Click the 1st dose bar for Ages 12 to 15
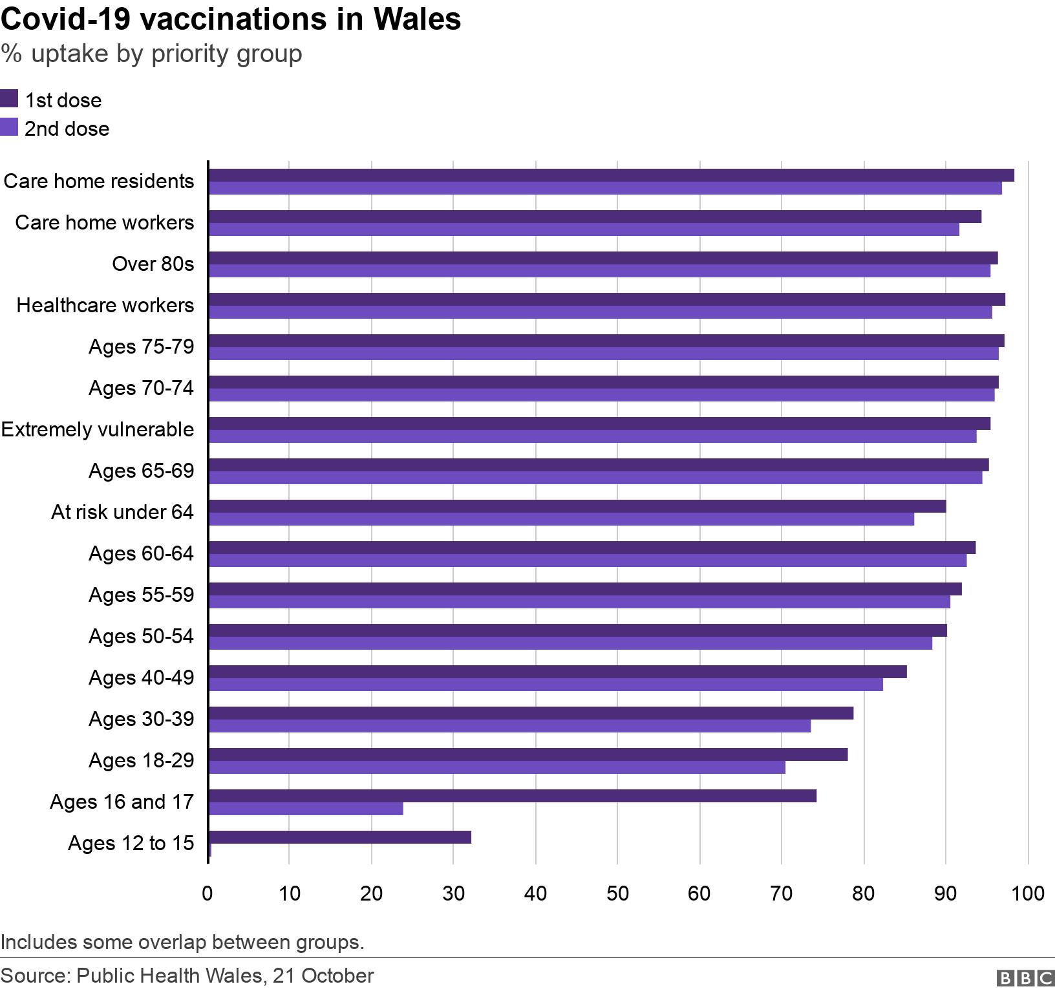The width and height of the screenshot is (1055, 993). pos(339,837)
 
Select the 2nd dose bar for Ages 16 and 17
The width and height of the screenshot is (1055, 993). pos(306,809)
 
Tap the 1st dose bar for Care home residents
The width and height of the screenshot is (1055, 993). pos(611,175)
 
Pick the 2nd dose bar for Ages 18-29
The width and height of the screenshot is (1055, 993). pos(496,767)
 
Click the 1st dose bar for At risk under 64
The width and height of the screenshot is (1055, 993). pos(577,506)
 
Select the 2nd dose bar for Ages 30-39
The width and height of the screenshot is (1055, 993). pos(509,726)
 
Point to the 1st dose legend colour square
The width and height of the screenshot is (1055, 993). pos(9,99)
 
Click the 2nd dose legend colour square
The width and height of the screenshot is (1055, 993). pos(9,127)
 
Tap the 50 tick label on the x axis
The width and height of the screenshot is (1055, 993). pos(617,893)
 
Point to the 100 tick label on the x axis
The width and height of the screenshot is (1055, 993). pos(1028,893)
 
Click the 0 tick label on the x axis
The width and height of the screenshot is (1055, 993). pos(208,893)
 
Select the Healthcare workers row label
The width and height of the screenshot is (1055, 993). pos(105,305)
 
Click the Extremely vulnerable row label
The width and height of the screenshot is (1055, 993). pos(98,429)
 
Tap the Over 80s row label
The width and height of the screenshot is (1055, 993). pos(153,264)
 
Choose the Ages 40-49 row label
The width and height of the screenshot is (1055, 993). pos(141,678)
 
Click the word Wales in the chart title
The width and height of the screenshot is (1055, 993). pos(417,19)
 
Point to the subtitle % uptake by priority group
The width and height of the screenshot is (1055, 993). pos(151,54)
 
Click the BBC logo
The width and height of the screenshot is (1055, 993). pos(1026,977)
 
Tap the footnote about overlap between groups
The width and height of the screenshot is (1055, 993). pos(182,942)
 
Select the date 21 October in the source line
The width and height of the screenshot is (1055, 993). pos(323,976)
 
